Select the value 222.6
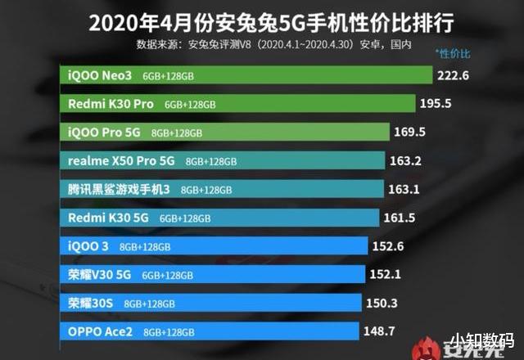458,76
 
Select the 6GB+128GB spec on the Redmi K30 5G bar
185,218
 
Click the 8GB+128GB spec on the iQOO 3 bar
145,247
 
